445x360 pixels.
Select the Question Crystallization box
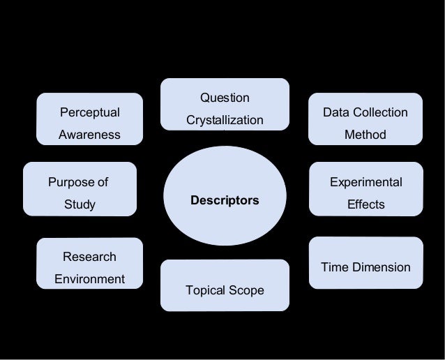tap(225, 105)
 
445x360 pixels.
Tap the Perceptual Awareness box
tap(89, 123)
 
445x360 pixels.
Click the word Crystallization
tap(225, 121)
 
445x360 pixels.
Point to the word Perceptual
tap(89, 112)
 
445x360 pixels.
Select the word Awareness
tap(89, 135)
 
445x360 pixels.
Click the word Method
tap(365, 135)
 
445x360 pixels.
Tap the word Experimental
tap(365, 182)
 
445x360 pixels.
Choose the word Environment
tap(89, 279)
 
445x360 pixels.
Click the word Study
tap(80, 205)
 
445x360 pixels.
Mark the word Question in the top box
tap(225, 98)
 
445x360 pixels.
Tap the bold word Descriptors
tap(225, 200)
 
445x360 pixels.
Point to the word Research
tap(89, 257)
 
